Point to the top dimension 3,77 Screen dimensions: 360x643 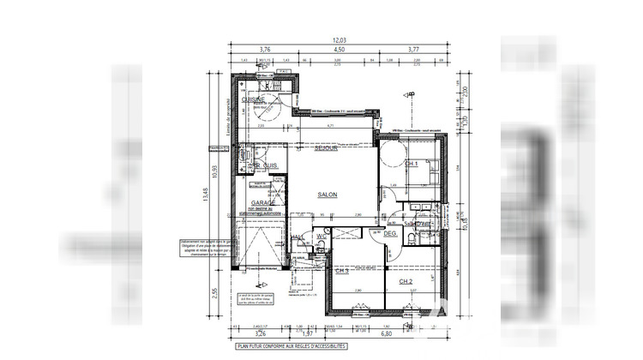click(413, 50)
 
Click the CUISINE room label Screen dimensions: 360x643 click(253, 100)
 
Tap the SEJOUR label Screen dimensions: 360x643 click(325, 148)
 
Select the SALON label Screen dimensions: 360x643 click(328, 195)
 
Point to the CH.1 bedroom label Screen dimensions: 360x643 click(412, 163)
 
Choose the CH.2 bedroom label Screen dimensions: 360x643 click(406, 281)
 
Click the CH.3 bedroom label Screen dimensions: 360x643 click(342, 270)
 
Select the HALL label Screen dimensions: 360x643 click(297, 237)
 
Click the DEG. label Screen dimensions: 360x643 click(389, 234)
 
